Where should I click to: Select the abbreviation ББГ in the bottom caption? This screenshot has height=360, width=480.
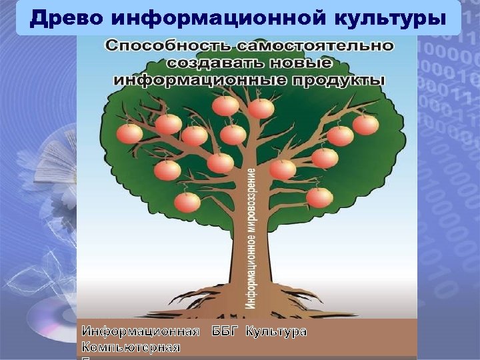click(x=223, y=331)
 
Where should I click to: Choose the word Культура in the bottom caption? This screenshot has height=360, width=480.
click(x=276, y=331)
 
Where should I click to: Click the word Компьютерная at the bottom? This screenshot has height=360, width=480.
click(x=131, y=347)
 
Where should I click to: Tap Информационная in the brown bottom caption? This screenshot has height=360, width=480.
click(x=141, y=331)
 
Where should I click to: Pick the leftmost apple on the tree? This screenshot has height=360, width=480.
click(x=129, y=133)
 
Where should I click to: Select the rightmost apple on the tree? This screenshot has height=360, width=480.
click(x=365, y=125)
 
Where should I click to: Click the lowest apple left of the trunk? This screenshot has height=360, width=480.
click(x=187, y=201)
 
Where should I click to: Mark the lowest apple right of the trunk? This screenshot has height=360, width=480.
click(x=319, y=197)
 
